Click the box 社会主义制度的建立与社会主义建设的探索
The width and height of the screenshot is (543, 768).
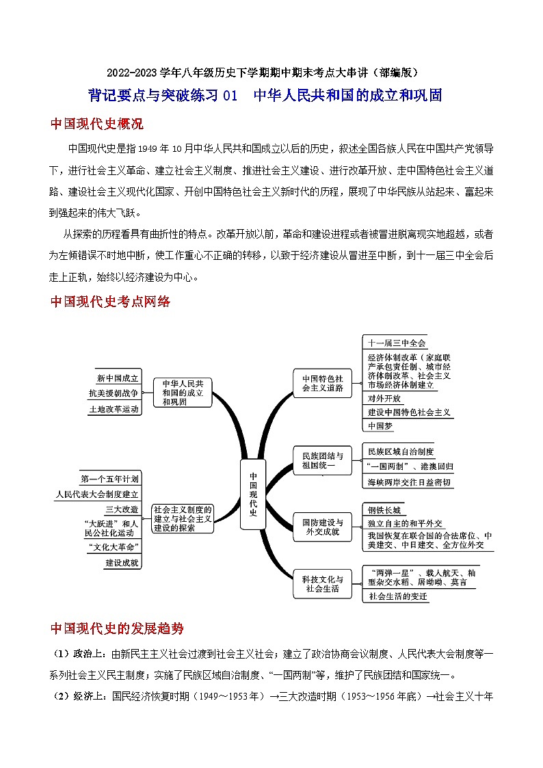(183, 518)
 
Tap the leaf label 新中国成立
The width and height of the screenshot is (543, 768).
(118, 378)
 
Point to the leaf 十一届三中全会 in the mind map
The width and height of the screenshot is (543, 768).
(397, 343)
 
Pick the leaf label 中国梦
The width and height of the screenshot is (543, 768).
(380, 425)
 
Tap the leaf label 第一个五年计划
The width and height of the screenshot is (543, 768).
(109, 479)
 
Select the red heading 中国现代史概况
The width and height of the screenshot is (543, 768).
(96, 124)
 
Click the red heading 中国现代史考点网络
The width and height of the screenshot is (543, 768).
(110, 302)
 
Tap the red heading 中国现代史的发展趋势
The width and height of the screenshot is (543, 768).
(117, 628)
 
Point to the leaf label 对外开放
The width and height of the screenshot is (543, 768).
(384, 398)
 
